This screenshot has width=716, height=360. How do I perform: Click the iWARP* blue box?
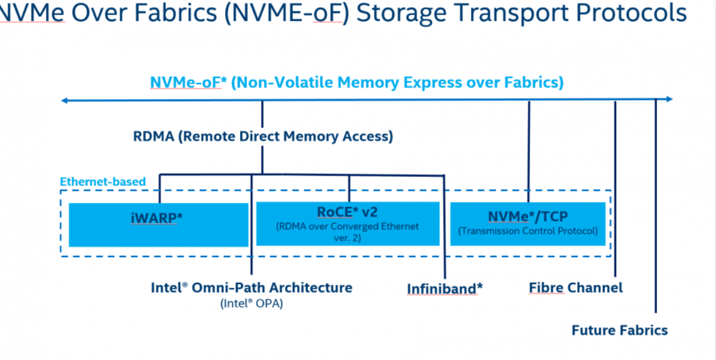158,225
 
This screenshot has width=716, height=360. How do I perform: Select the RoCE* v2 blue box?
348,224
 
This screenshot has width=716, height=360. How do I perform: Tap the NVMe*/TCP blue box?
528,223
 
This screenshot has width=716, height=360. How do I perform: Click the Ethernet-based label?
103,181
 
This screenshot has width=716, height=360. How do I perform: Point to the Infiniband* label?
445,288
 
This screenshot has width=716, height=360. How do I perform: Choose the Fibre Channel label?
576,288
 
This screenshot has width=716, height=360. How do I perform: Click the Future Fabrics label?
619,331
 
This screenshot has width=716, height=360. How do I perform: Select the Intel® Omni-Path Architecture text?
252,287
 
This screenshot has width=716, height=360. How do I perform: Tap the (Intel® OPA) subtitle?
252,304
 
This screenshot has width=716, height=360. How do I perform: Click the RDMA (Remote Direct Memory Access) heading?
263,137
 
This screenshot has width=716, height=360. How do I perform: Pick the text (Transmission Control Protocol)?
528,231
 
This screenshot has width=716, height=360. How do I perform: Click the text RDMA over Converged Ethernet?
348,227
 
